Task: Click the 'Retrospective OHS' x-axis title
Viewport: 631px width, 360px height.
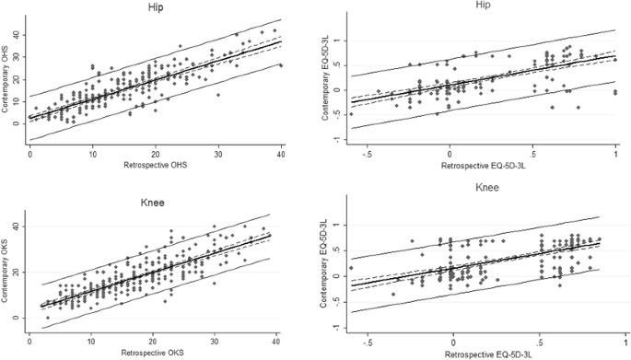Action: pos(157,166)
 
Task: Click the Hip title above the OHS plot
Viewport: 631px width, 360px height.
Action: pos(156,8)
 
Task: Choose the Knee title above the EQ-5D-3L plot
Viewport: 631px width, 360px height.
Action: pos(486,187)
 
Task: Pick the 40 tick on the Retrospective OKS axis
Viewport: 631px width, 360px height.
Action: pos(270,339)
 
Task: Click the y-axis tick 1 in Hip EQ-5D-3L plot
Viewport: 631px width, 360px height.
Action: pos(337,41)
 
